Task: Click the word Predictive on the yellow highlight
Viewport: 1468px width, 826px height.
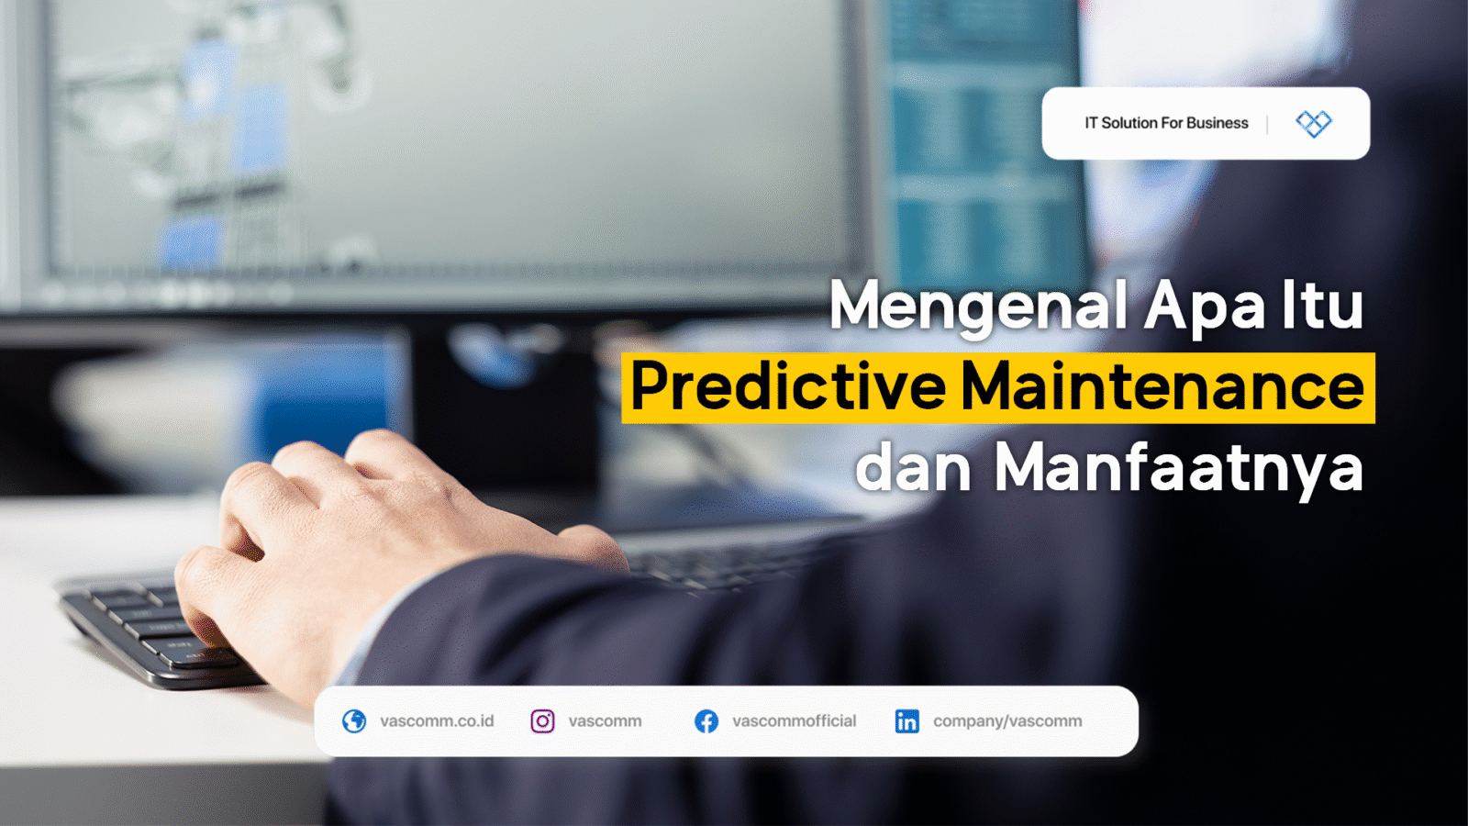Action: point(788,387)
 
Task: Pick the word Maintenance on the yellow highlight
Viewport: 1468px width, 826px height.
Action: point(1162,387)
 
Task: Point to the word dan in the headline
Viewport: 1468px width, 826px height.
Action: point(913,468)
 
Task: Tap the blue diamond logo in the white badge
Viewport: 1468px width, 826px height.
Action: point(1313,123)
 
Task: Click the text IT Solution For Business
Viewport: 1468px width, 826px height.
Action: point(1166,123)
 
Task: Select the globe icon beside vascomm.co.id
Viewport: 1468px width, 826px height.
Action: point(354,721)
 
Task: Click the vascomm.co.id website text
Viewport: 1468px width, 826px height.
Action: point(437,721)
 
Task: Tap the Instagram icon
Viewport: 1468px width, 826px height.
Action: point(542,721)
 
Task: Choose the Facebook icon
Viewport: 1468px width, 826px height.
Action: point(706,721)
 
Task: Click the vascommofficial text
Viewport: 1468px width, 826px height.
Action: point(794,721)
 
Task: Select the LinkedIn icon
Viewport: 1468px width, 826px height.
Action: point(906,721)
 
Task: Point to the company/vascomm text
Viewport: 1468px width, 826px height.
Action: point(1007,721)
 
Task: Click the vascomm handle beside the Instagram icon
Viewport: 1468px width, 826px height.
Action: point(605,721)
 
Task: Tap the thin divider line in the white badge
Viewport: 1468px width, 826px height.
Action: point(1267,124)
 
